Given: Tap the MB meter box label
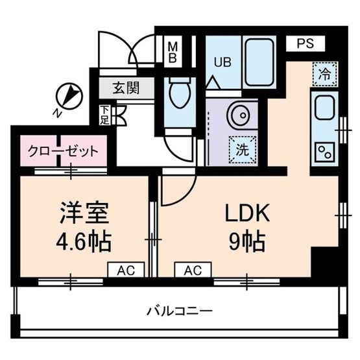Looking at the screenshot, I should pyautogui.click(x=173, y=51).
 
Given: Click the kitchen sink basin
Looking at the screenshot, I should pyautogui.click(x=322, y=108).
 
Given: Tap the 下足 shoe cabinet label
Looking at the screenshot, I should pyautogui.click(x=104, y=115).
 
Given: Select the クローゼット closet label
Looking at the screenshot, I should pyautogui.click(x=63, y=151).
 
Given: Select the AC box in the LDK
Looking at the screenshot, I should pyautogui.click(x=193, y=269).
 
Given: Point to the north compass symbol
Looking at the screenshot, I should pyautogui.click(x=69, y=97).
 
